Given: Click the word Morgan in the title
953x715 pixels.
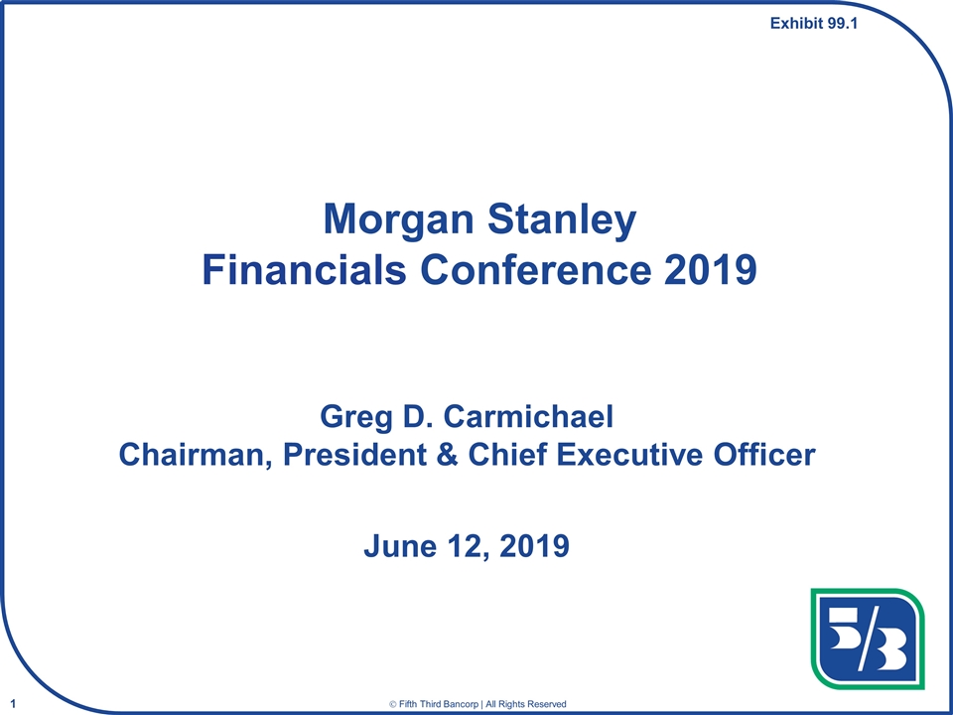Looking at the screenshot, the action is point(399,221).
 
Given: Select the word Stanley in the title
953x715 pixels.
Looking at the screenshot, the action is point(562,221).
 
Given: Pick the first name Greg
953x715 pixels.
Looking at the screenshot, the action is point(355,419).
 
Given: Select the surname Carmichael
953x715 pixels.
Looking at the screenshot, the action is point(528,417).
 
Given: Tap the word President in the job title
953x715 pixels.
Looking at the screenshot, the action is point(355,456).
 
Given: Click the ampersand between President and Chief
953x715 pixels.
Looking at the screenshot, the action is point(449,456).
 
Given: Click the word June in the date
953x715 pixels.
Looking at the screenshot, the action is point(399,546).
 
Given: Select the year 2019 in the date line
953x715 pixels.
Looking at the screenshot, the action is point(534,546).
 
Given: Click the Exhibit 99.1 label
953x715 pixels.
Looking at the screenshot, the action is point(814,24).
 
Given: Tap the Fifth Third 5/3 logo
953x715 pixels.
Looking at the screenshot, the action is point(868,639).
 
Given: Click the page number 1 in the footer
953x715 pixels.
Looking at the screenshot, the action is point(13,704).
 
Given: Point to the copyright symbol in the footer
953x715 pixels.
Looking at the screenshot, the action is point(393,704).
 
